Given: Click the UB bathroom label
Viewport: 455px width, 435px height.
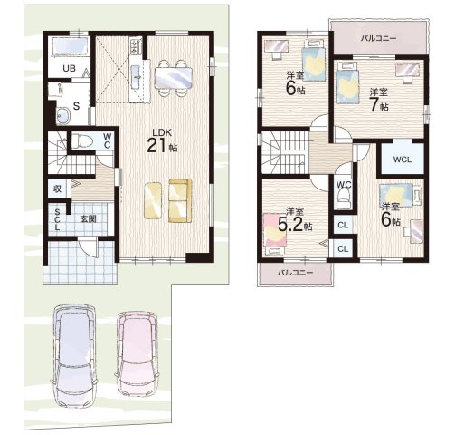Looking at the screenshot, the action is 70,68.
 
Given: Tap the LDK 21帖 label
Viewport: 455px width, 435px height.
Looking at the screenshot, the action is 162,141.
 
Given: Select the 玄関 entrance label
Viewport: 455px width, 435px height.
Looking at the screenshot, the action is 88,218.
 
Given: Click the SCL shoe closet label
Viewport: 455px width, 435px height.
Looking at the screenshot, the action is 57,219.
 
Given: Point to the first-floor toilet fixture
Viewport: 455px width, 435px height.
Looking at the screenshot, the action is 81,140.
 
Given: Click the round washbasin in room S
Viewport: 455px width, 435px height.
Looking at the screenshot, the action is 62,116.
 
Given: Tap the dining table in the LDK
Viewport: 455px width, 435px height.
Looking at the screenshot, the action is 174,78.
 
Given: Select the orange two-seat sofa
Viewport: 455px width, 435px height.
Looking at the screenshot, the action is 180,200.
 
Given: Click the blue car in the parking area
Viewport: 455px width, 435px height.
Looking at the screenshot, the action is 74,355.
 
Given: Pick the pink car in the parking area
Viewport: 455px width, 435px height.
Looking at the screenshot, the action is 137,353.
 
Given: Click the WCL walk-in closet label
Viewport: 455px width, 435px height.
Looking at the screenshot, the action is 403,159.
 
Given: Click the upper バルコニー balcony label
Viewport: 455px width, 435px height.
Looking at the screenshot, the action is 378,38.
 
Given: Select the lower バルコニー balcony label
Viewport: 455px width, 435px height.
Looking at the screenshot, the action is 295,273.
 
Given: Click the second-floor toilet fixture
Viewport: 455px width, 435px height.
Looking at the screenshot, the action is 344,199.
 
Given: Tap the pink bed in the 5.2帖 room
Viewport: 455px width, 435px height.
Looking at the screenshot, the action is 275,230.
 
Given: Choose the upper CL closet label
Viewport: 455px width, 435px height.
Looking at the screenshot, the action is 343,225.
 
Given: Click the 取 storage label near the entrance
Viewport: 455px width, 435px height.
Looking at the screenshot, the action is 57,188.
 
